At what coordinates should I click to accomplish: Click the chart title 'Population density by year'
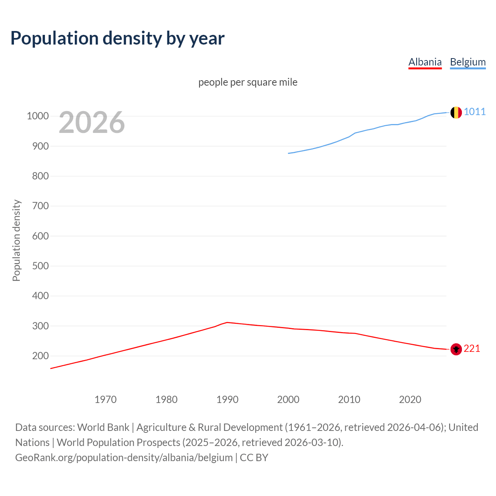[117, 38]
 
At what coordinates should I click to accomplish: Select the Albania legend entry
[425, 62]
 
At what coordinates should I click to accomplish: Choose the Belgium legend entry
[468, 62]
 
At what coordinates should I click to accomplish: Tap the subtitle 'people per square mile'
[248, 82]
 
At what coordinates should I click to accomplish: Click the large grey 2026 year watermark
[92, 122]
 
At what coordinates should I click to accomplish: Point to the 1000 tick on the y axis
[38, 116]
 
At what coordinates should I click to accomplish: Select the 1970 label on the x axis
[105, 400]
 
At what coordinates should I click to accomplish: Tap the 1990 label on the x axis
[227, 400]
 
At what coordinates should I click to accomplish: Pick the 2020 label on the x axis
[410, 400]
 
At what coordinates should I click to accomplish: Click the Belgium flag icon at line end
[456, 112]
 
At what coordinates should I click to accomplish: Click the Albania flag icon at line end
[456, 349]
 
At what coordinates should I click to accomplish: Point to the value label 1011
[475, 112]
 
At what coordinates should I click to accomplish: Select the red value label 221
[472, 349]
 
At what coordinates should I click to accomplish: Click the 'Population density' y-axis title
[16, 240]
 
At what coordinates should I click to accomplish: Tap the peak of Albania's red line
[227, 322]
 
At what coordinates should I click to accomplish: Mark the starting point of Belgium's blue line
[288, 153]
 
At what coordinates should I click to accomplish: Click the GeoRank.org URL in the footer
[124, 457]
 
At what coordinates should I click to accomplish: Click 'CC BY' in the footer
[254, 457]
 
